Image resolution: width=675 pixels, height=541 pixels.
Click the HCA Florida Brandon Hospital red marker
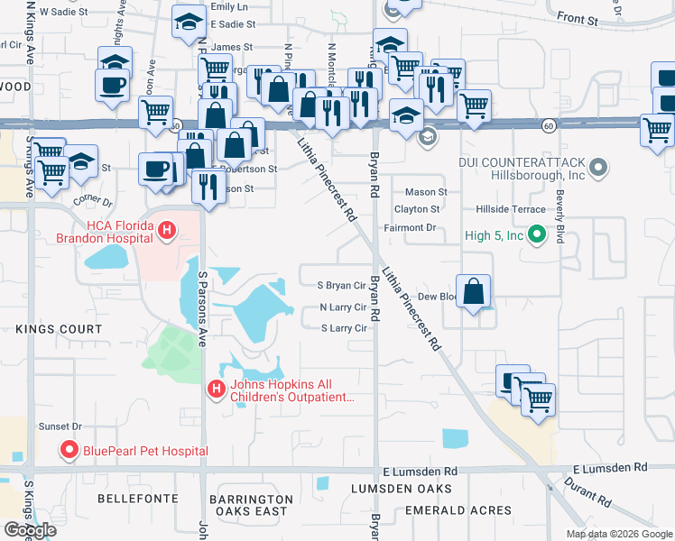166,232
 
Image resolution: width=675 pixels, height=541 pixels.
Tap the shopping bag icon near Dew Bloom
475,292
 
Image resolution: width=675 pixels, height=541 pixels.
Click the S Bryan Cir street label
341,286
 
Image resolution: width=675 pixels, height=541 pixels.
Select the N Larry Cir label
344,307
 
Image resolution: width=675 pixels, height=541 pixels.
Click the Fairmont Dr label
415,228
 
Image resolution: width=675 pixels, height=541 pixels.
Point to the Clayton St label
417,209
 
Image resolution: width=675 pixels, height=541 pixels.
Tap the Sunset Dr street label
60,426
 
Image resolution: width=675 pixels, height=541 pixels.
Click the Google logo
30,530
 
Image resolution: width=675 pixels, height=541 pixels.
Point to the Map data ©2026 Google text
619,534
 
